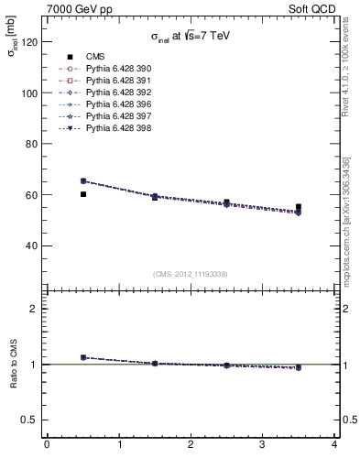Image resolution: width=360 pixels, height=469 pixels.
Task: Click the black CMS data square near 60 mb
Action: point(83,194)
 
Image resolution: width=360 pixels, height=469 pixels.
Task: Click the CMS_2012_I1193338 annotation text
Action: point(191,274)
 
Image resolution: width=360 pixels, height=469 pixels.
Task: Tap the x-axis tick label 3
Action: point(263,445)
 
